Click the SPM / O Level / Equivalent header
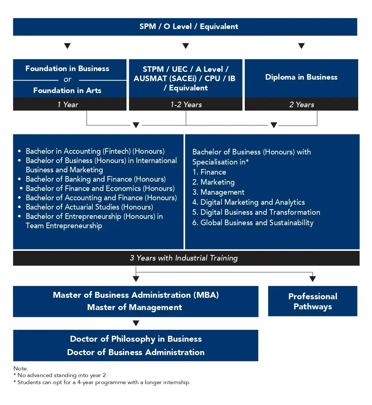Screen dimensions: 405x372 pos(185,27)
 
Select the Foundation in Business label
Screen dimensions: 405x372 pos(67,68)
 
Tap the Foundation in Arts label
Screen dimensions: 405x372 pos(67,90)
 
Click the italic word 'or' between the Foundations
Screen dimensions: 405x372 pos(67,79)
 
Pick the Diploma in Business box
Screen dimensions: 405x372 pos(301,77)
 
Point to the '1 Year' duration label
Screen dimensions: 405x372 pos(68,105)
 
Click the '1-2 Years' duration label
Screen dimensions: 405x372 pos(186,105)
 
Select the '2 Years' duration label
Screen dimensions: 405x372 pos(302,105)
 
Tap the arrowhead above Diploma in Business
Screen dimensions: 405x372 pos(301,46)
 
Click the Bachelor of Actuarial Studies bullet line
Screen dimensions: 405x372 pos(89,207)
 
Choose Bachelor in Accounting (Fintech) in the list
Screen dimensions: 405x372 pos(95,151)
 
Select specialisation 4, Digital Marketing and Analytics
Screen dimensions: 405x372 pos(252,202)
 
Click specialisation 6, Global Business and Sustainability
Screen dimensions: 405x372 pos(257,223)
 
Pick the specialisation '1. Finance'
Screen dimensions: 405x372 pos(209,172)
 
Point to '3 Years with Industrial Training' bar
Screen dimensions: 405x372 pos(184,258)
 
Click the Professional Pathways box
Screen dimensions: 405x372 pos(312,302)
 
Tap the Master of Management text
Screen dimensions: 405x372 pos(135,307)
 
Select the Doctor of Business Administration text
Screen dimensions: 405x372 pos(136,352)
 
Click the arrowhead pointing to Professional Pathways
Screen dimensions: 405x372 pos(312,279)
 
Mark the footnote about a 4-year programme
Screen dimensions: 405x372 pos(104,382)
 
